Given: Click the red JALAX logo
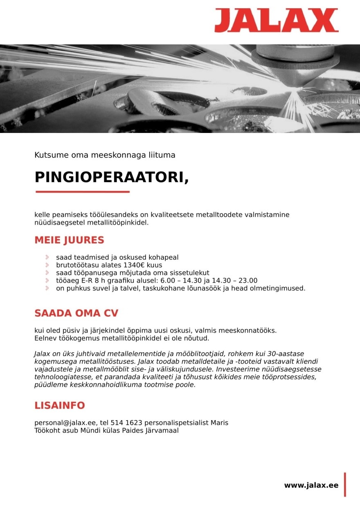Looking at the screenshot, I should point(276,20).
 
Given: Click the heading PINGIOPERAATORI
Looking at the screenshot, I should point(112,177).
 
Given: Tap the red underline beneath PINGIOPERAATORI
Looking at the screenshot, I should point(82,191).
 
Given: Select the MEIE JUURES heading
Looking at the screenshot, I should point(69,240).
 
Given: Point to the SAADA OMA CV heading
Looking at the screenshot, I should point(76,313).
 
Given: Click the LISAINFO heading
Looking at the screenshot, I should point(59,405).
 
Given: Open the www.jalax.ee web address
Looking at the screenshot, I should point(311,485).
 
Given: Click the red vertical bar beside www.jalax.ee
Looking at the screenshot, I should point(345,485).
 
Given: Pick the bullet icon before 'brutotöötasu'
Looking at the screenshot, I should point(47,265).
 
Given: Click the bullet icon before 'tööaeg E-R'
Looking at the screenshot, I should point(47,281).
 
